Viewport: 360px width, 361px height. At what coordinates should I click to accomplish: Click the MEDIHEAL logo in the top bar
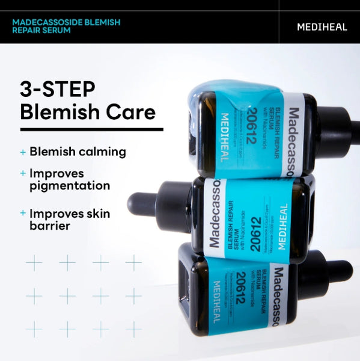pyautogui.click(x=322, y=27)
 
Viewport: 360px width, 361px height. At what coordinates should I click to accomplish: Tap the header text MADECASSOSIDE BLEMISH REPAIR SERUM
pyautogui.click(x=67, y=26)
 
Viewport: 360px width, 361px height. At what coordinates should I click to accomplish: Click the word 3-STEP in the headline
pyautogui.click(x=58, y=89)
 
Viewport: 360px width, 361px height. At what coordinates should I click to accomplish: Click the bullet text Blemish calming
pyautogui.click(x=78, y=152)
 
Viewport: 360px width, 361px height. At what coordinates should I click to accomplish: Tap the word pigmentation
pyautogui.click(x=70, y=185)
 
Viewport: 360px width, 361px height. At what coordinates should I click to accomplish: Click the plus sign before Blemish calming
pyautogui.click(x=23, y=152)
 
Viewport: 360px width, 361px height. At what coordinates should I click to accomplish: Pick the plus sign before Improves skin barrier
pyautogui.click(x=23, y=214)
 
